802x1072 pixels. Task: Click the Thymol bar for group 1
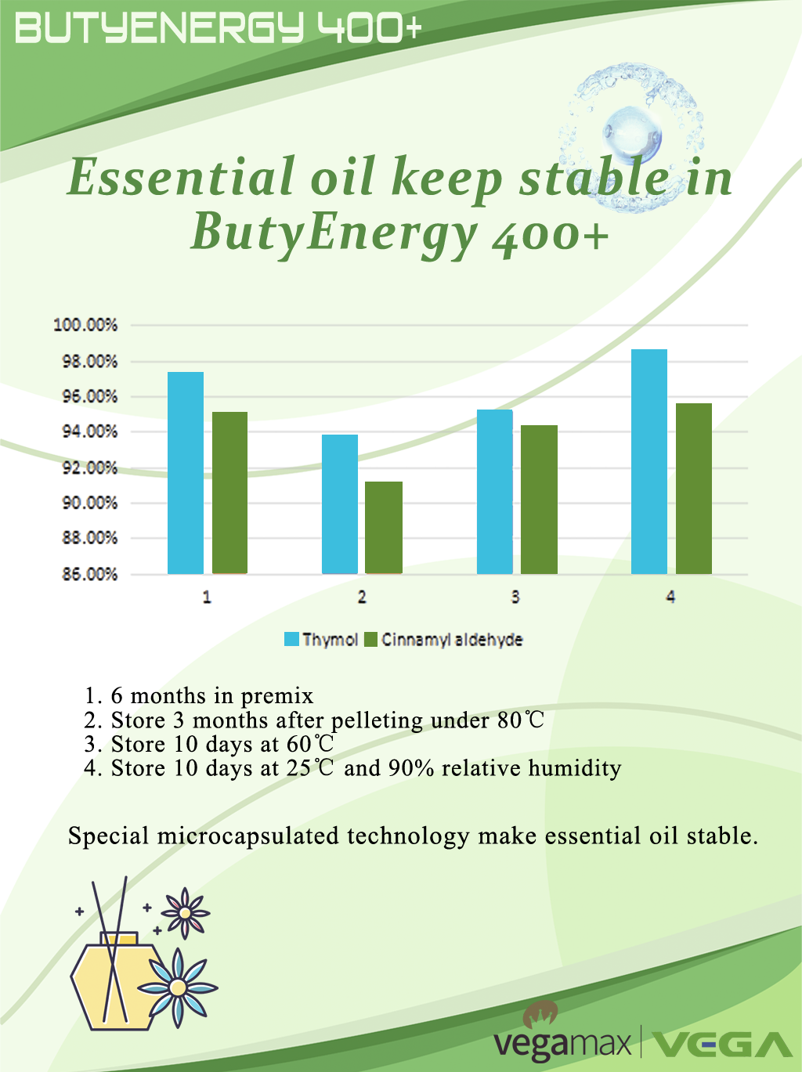186,473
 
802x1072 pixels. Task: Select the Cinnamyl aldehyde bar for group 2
384,528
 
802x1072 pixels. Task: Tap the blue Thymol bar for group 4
649,461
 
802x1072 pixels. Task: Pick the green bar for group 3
539,500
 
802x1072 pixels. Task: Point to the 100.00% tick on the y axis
85,325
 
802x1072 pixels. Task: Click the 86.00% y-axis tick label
90,574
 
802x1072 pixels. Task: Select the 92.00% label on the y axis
90,467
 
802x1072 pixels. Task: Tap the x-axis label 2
361,597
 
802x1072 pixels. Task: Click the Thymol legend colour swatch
291,639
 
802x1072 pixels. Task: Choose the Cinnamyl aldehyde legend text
452,640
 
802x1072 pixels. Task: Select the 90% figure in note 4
411,768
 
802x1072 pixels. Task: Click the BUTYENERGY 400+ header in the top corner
219,28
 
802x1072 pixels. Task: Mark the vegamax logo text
562,1044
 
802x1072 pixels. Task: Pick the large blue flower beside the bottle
178,987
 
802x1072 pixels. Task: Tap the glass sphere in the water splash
632,133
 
